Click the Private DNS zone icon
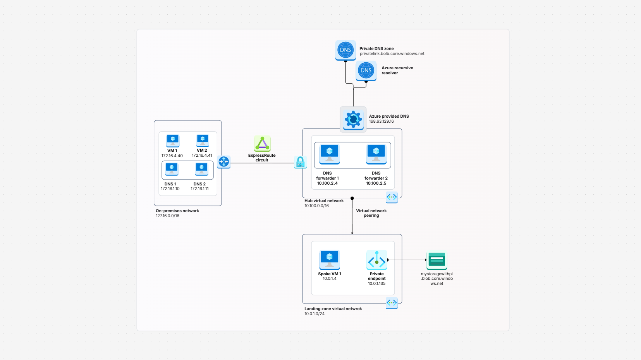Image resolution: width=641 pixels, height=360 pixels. tap(345, 50)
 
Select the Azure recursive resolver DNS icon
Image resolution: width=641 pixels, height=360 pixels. tap(366, 70)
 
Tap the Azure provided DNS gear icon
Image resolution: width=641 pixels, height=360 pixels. tap(353, 120)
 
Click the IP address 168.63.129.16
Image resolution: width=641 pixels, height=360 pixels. tap(381, 122)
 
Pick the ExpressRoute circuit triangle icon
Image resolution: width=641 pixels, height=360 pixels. tap(262, 144)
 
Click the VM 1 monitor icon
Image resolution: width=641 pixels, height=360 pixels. tap(173, 140)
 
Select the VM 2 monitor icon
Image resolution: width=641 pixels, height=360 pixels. tap(203, 140)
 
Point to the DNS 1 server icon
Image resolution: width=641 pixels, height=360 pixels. tap(172, 169)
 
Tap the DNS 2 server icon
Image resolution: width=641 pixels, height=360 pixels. tap(201, 169)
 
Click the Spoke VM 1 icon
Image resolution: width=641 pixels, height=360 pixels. tap(330, 259)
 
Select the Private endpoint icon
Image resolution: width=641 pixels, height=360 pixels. tap(377, 260)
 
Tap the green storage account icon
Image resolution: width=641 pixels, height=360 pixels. tap(437, 260)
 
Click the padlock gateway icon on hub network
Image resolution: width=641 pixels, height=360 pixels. tap(300, 162)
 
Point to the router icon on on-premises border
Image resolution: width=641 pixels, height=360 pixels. tap(224, 162)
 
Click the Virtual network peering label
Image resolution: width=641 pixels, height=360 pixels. tap(371, 213)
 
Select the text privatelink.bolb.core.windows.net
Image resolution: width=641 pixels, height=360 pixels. tap(392, 54)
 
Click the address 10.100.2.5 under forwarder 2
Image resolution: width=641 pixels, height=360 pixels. tap(376, 183)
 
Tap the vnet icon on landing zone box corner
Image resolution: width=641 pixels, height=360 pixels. tap(392, 303)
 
